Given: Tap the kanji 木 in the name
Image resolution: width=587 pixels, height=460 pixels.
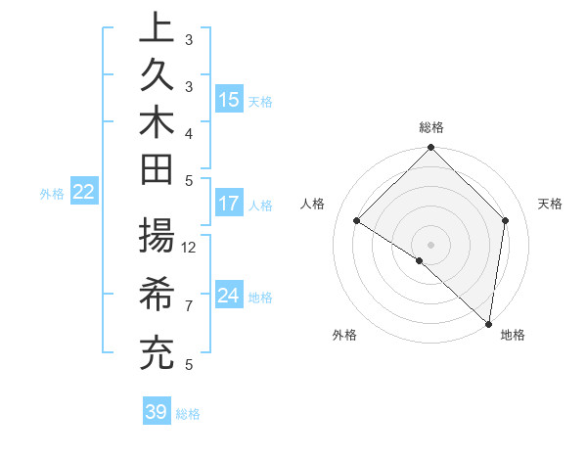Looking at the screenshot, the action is tap(157, 124).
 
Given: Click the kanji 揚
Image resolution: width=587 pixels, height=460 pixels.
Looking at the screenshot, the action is tap(157, 238).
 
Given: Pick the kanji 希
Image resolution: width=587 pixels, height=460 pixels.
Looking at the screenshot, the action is tap(157, 295).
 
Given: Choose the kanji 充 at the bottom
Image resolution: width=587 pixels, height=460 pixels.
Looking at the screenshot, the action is tap(157, 352).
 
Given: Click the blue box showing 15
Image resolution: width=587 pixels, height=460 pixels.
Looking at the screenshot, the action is tap(229, 100).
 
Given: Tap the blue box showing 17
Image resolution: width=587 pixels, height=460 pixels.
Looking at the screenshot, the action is tap(229, 205).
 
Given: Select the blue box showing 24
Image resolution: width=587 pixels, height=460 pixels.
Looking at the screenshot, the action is tap(229, 296).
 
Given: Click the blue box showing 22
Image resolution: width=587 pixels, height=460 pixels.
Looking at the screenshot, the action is tap(84, 193).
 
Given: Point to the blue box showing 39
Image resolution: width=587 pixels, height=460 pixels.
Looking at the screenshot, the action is tap(156, 412).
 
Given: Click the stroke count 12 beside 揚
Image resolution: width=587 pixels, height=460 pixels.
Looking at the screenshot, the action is tap(190, 247).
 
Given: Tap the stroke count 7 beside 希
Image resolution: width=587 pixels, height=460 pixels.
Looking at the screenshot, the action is tap(188, 306).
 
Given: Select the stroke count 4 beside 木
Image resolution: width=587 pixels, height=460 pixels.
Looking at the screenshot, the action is tap(188, 132).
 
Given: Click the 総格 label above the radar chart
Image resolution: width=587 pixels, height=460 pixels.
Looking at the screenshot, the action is tap(431, 127).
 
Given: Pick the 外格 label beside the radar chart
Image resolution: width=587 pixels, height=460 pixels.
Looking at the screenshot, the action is tap(344, 335).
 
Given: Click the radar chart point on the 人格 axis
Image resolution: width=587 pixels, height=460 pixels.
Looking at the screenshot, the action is tap(357, 221).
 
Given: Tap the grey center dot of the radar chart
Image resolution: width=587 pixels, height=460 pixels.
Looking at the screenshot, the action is tap(430, 244).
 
